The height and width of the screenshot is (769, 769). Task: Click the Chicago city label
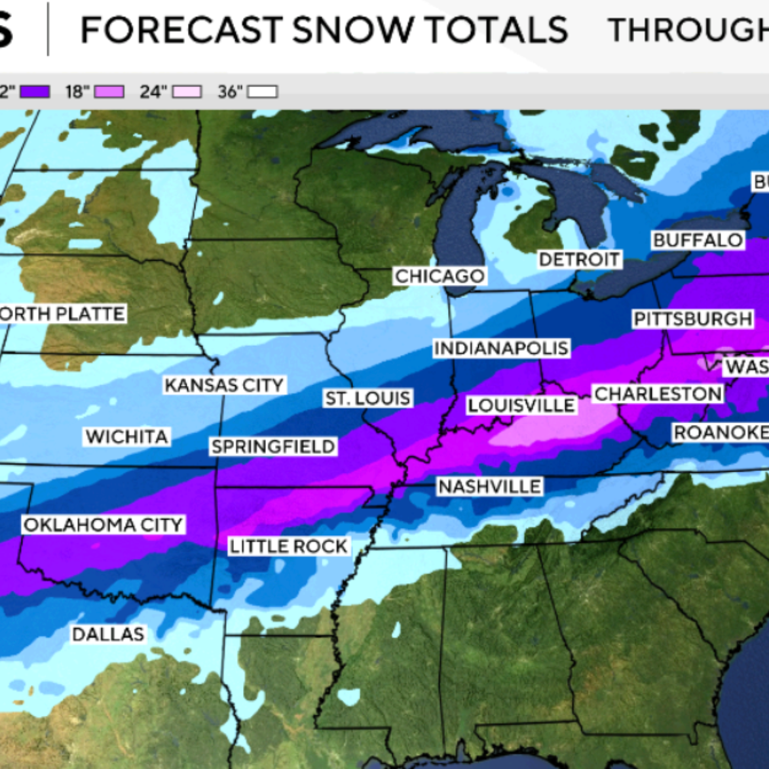tap(440, 276)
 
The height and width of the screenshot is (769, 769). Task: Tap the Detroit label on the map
tap(579, 259)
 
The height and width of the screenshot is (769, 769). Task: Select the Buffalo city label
tap(698, 240)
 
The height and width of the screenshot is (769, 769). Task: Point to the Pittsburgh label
tap(693, 319)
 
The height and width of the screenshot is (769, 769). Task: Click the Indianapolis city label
tap(501, 348)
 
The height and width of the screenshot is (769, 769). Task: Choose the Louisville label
tap(521, 405)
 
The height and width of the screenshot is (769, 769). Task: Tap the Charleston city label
tap(658, 394)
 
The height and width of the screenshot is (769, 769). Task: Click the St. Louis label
tap(368, 398)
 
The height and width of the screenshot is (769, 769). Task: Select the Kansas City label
tap(224, 384)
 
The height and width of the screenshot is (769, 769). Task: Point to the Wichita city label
tap(127, 436)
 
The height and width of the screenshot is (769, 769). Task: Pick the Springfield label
tap(273, 447)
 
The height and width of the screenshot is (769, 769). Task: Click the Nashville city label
tap(490, 486)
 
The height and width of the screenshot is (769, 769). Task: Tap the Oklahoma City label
tap(103, 525)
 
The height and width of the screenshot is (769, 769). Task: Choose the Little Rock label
tap(288, 546)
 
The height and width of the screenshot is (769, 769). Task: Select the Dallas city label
tap(108, 634)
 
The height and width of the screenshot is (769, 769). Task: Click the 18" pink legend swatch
tap(109, 92)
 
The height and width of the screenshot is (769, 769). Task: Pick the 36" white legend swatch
tap(262, 92)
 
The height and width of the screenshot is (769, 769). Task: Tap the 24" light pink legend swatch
tap(187, 92)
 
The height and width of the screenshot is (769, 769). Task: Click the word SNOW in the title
tap(352, 30)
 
